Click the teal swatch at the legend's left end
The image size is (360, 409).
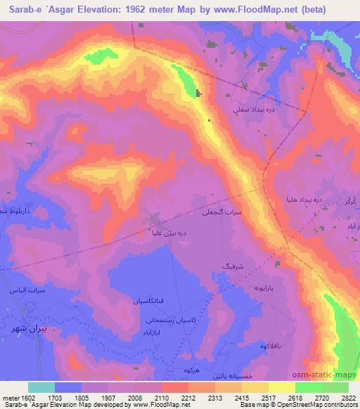pos(41,387)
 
